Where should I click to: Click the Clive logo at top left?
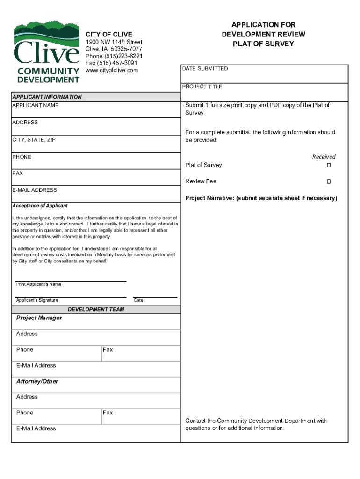pyautogui.click(x=47, y=52)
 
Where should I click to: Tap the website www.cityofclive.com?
pyautogui.click(x=112, y=70)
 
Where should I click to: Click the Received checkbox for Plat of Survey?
pyautogui.click(x=329, y=166)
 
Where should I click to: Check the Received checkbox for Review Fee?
pyautogui.click(x=329, y=181)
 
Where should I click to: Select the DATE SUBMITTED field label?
pyautogui.click(x=205, y=69)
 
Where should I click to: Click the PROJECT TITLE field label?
pyautogui.click(x=202, y=87)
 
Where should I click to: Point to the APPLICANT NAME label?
pyautogui.click(x=36, y=106)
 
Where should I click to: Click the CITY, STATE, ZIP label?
pyautogui.click(x=34, y=140)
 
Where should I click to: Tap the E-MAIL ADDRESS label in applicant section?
pyautogui.click(x=35, y=190)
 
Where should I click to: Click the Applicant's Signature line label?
pyautogui.click(x=37, y=300)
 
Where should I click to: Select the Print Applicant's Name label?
pyautogui.click(x=38, y=284)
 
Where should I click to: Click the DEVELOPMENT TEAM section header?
pyautogui.click(x=96, y=310)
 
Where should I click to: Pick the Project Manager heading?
pyautogui.click(x=39, y=318)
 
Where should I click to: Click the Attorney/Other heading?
pyautogui.click(x=37, y=382)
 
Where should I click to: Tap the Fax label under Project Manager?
pyautogui.click(x=108, y=350)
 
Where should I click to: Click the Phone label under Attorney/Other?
pyautogui.click(x=25, y=413)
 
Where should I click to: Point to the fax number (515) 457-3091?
pyautogui.click(x=111, y=63)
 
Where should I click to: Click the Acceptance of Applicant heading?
pyautogui.click(x=40, y=206)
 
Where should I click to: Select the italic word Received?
pyautogui.click(x=324, y=157)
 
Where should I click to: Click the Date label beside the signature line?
pyautogui.click(x=138, y=300)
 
